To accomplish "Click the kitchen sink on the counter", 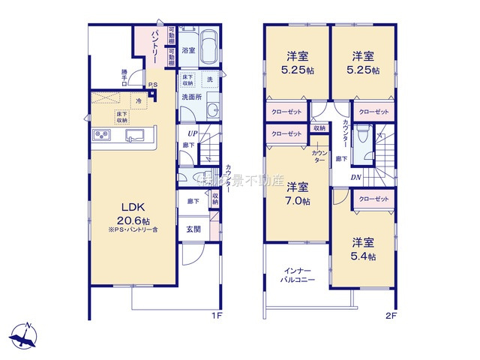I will click(136, 136).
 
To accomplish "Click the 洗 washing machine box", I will click(209, 79).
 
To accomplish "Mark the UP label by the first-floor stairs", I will click(193, 133).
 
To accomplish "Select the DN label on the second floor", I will click(357, 177).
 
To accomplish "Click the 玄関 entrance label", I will click(193, 229).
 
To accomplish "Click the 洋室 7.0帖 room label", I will click(298, 193).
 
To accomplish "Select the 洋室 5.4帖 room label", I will click(363, 248).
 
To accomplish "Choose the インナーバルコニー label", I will click(298, 274).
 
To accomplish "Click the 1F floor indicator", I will click(216, 316).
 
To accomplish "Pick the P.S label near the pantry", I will click(152, 84).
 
